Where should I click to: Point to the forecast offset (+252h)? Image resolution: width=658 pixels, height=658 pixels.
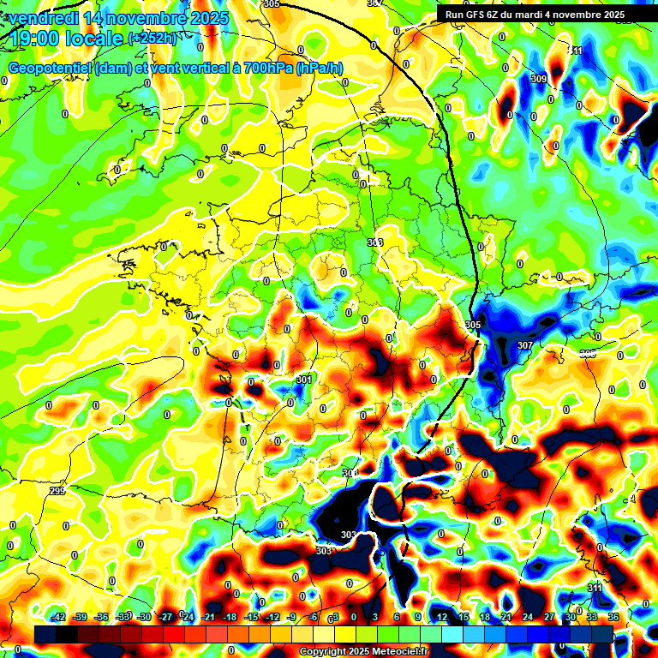[152, 38]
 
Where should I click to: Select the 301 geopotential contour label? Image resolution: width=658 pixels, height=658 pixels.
[303, 380]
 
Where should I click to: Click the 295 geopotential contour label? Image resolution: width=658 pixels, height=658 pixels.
[57, 491]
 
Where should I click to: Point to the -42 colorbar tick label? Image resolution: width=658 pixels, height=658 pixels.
[58, 617]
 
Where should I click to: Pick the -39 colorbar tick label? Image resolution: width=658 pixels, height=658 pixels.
[80, 617]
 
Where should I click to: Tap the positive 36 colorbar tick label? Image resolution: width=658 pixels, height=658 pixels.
[613, 617]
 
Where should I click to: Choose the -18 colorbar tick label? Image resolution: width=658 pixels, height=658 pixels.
[230, 617]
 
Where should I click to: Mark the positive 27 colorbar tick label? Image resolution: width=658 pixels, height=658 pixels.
[549, 617]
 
